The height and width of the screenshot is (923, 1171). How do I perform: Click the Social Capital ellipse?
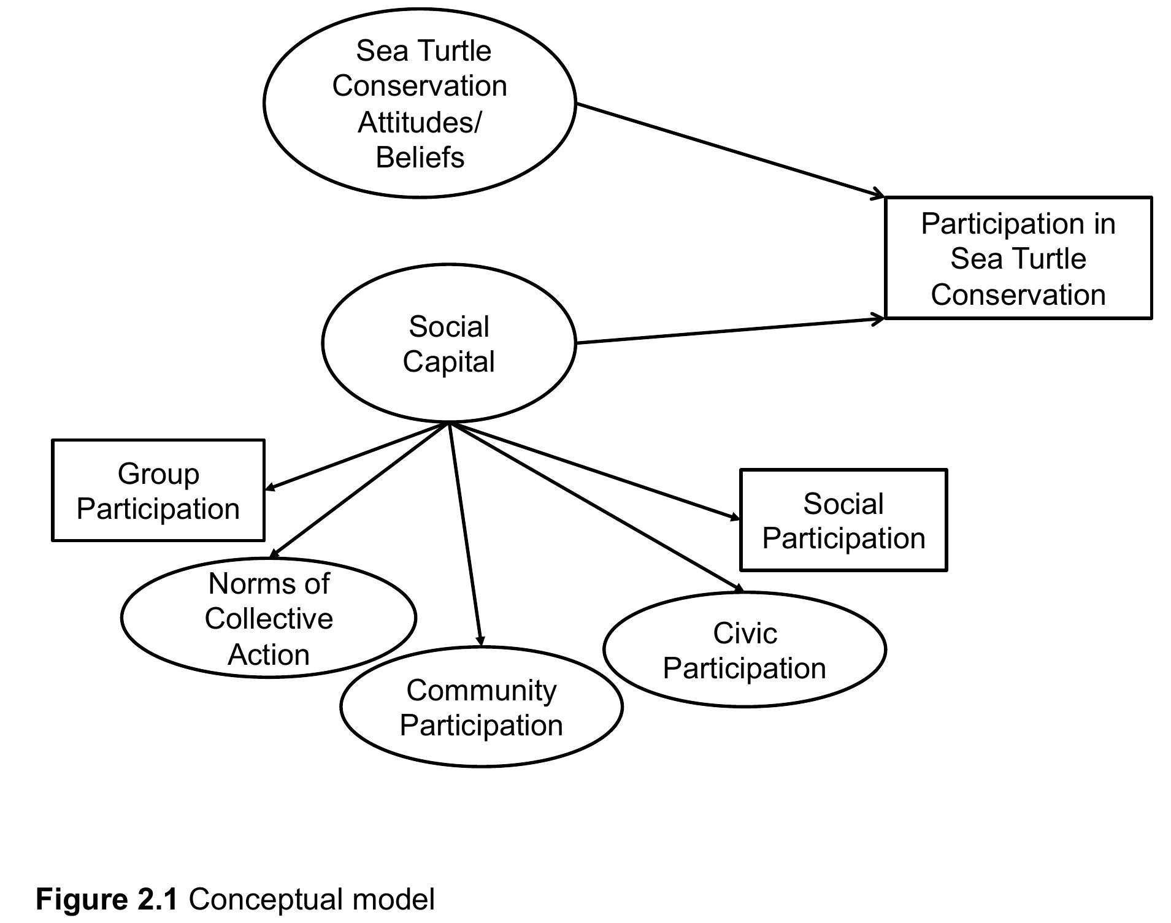448,343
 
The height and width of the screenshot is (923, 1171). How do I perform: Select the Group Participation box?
158,491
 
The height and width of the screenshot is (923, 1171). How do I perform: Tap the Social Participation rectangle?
843,521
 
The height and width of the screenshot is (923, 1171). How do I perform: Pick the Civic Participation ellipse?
744,650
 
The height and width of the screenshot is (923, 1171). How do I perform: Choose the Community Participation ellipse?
482,707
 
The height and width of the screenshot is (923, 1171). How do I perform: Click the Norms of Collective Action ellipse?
269,618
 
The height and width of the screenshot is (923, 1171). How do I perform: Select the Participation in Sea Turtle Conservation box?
1018,258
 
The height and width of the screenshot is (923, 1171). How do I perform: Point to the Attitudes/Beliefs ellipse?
420,103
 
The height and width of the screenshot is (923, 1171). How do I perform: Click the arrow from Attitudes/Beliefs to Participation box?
730,150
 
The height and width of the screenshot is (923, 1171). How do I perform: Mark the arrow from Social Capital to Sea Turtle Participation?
730,331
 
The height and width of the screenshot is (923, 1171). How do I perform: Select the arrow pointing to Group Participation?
356,456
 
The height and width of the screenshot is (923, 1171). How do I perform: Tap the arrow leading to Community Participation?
466,534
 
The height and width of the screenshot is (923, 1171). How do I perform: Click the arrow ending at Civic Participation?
595,507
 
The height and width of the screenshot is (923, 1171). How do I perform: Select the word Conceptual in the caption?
266,899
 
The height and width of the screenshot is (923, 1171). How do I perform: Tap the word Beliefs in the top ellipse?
420,157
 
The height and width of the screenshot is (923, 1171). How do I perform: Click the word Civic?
745,633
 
